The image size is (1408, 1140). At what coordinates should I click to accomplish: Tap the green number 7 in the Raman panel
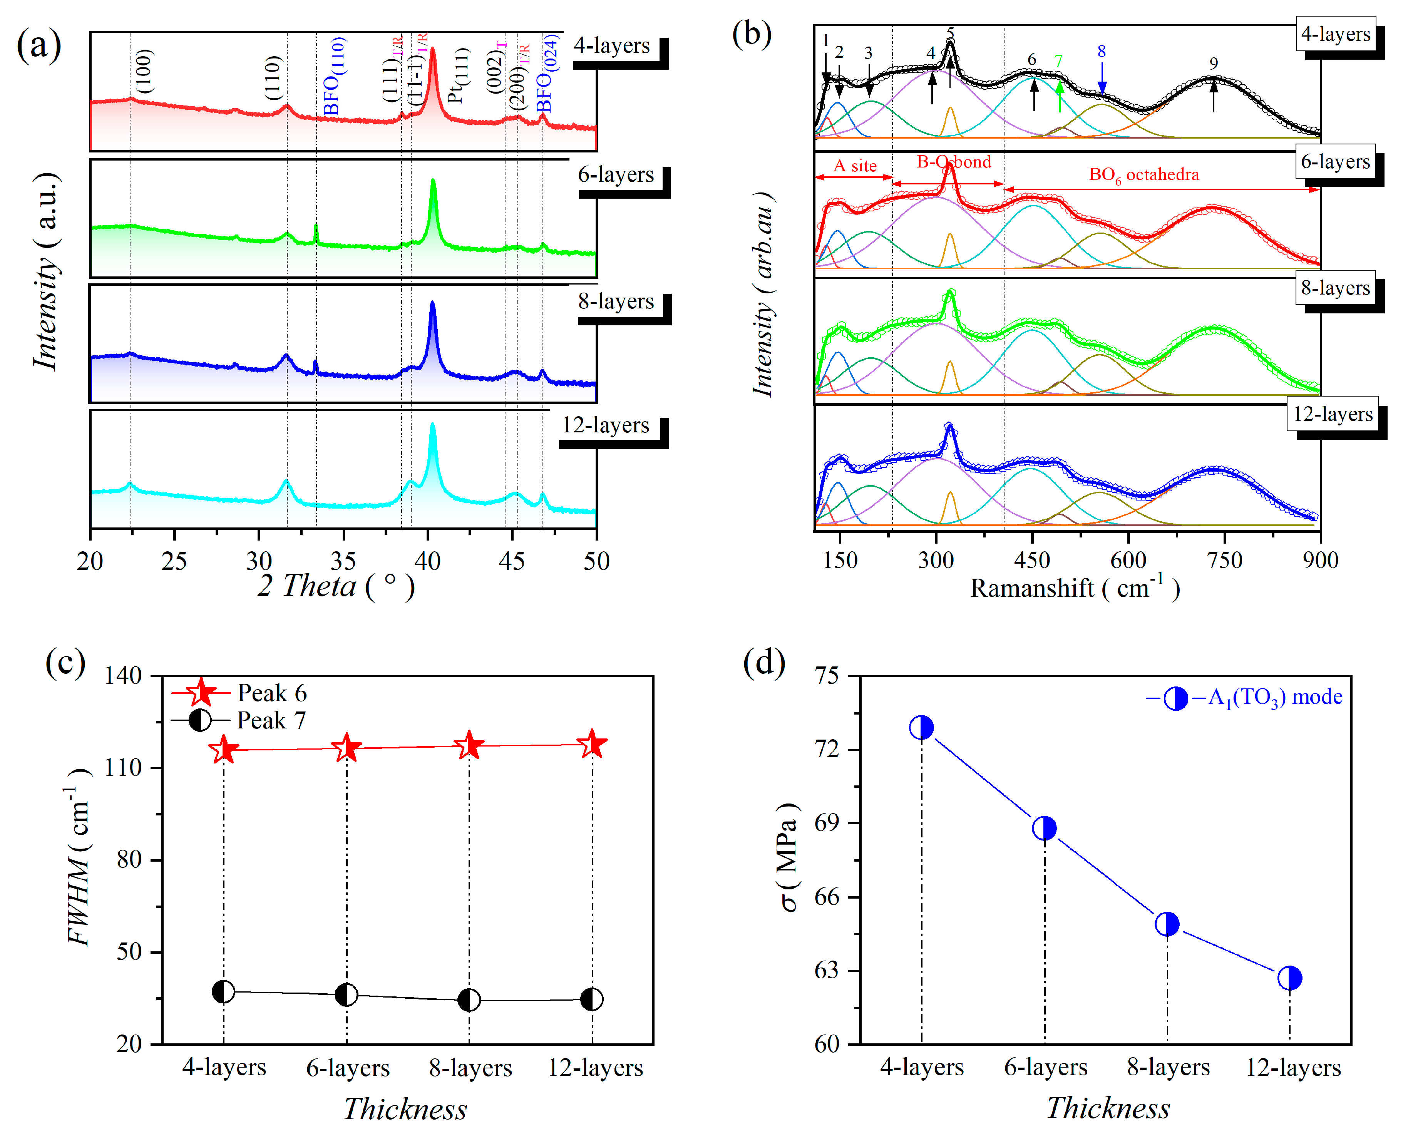point(1058,60)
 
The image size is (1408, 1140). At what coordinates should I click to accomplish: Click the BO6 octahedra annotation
point(1143,175)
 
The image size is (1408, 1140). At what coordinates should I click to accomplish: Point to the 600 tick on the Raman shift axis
point(1128,560)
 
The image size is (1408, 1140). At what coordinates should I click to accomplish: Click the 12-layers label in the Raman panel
point(1333,414)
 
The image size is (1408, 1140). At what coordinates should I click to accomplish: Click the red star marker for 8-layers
point(469,746)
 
